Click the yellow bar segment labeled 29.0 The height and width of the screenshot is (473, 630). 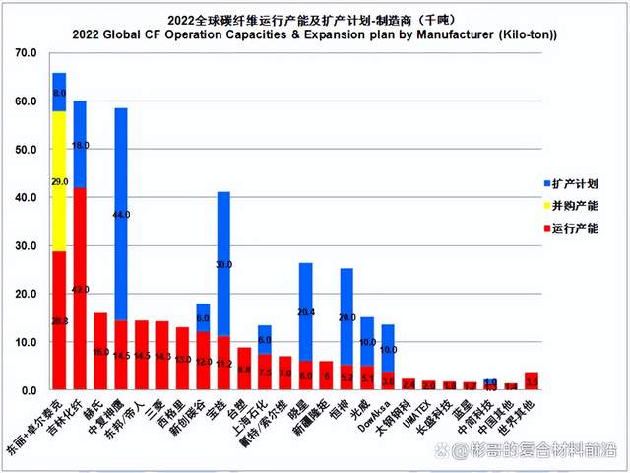(59, 181)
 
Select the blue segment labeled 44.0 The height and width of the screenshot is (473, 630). (121, 214)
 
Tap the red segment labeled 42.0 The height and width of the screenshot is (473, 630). (80, 289)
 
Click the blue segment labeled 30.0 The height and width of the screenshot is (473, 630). (223, 264)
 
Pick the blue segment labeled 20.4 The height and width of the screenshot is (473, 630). (306, 311)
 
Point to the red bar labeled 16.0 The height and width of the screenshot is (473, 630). (100, 351)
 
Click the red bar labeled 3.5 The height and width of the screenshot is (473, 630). (533, 381)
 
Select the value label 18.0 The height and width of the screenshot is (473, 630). (81, 145)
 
